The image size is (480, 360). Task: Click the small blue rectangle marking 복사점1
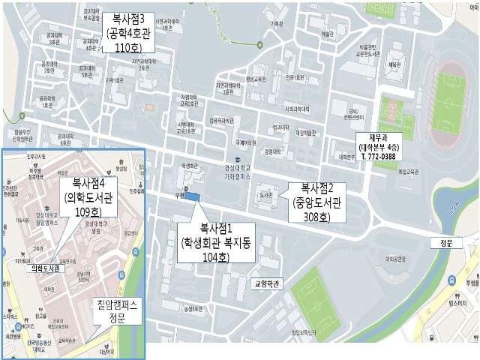193,197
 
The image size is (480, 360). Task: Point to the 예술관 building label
325,34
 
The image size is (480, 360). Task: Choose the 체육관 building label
394,65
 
